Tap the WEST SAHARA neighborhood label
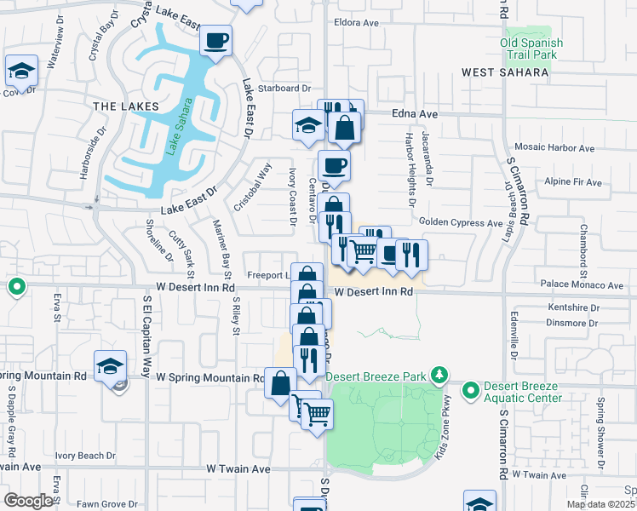[505, 73]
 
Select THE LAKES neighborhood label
[126, 106]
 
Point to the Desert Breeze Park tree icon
[439, 374]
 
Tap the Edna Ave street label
[415, 113]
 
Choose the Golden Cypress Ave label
[461, 222]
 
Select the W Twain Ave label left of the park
[238, 468]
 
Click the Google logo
[28, 501]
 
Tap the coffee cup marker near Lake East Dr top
[216, 39]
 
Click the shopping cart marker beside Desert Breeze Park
[318, 415]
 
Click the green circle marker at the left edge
[16, 287]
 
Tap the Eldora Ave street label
[357, 22]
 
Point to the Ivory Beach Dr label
[85, 456]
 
